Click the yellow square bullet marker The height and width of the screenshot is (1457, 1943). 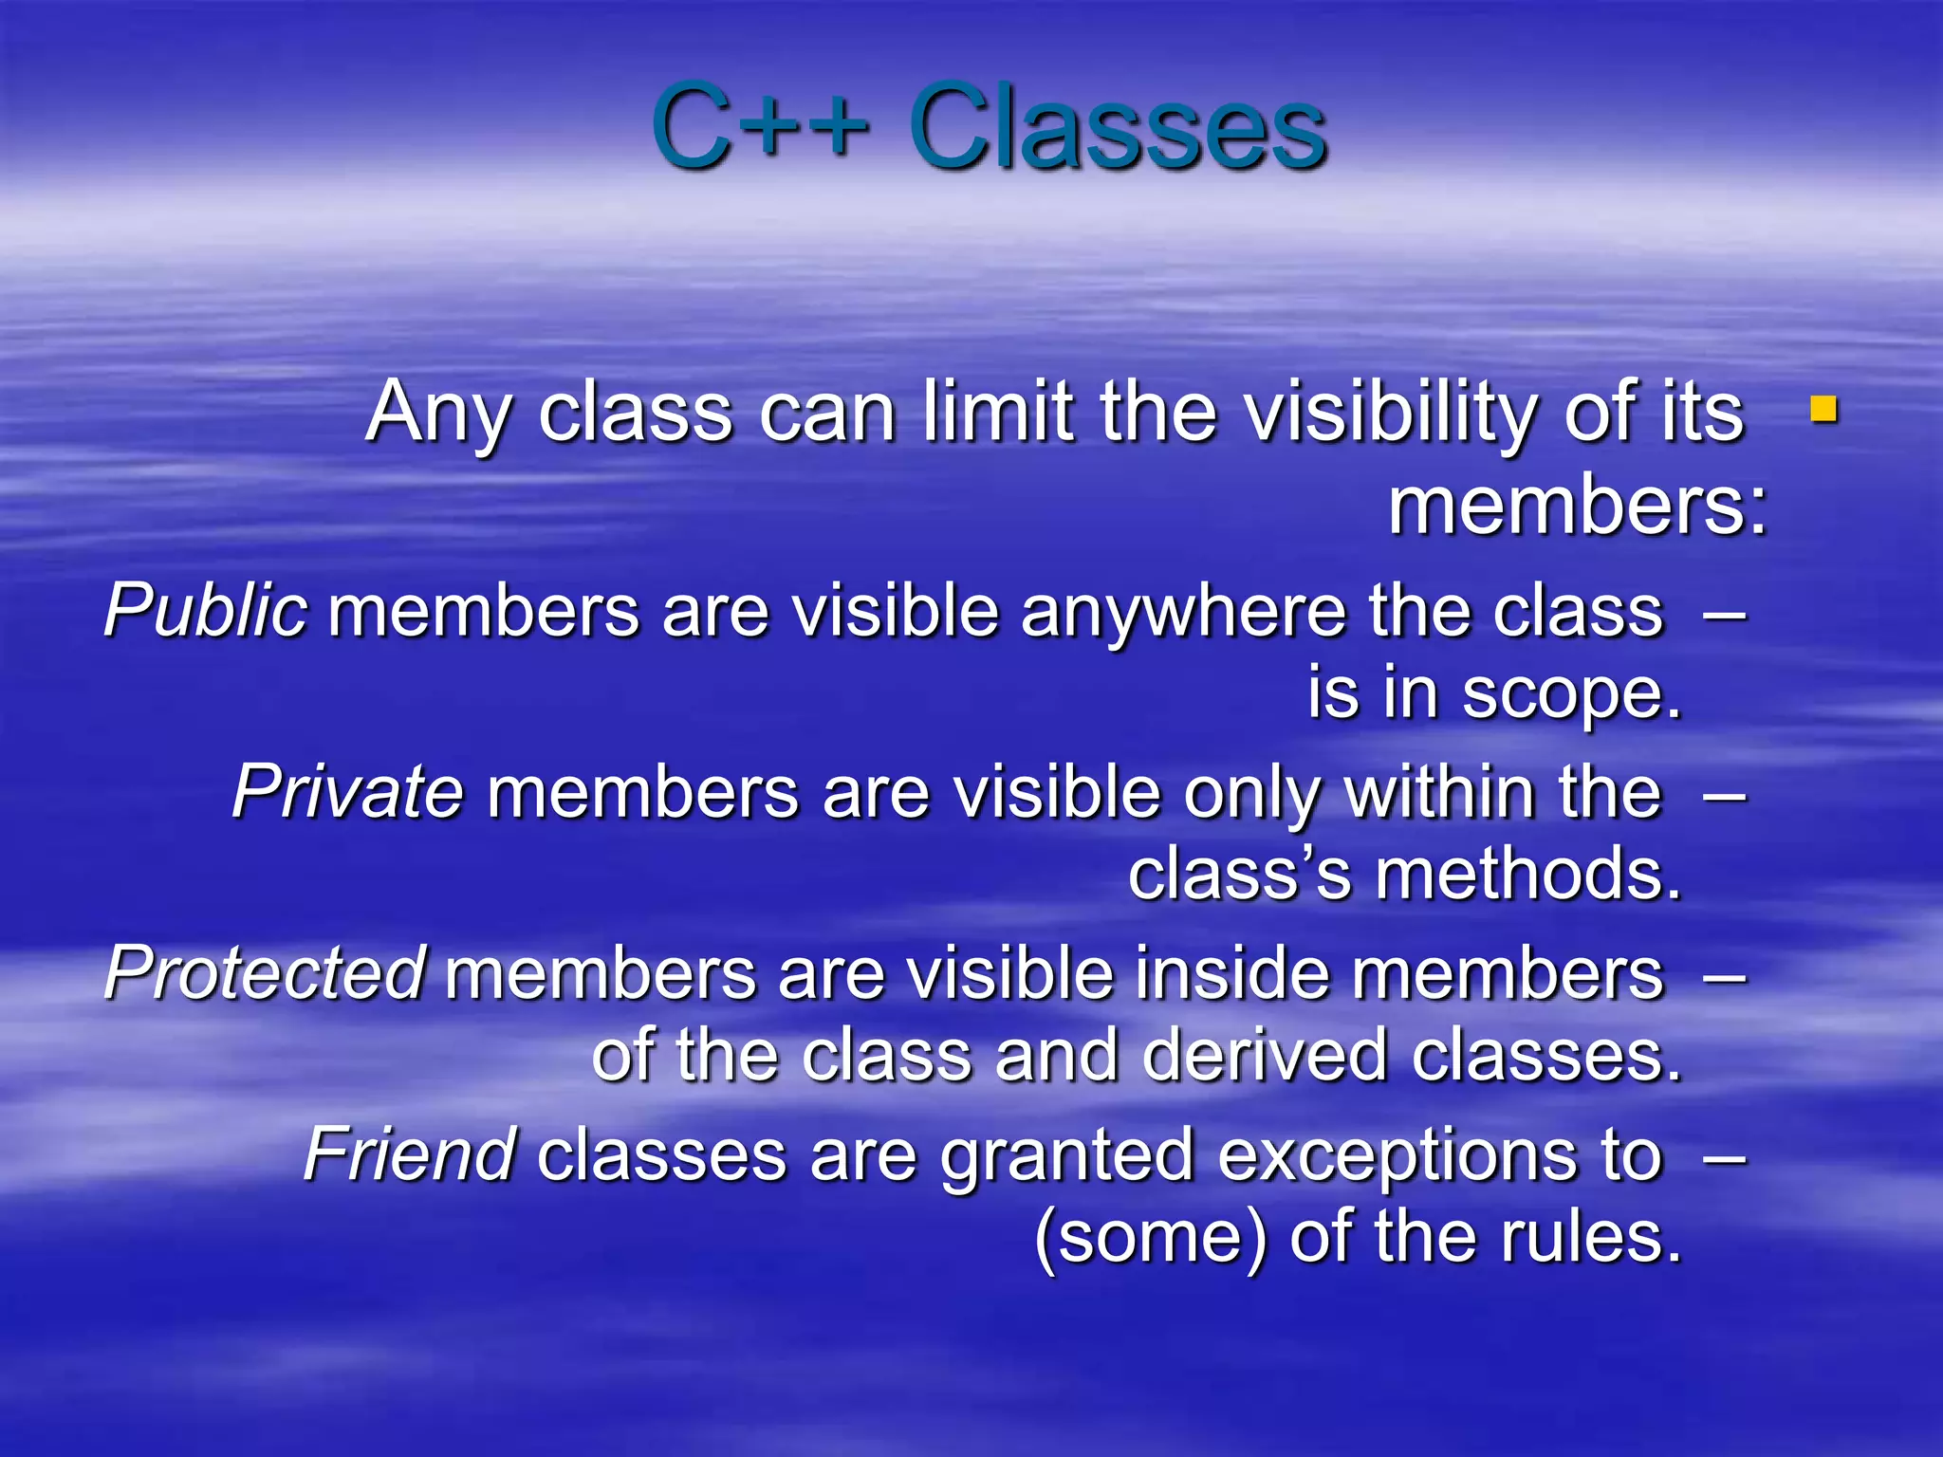tap(1823, 410)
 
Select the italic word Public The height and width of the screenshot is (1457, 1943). tap(205, 610)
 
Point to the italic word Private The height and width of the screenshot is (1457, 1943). tap(347, 791)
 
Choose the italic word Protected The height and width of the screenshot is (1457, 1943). tap(265, 972)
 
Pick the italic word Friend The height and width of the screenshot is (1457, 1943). tap(409, 1154)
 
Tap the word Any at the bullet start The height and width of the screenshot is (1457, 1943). tap(439, 414)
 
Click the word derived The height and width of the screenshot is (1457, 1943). tap(1266, 1056)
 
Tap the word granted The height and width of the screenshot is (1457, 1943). tap(1067, 1156)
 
